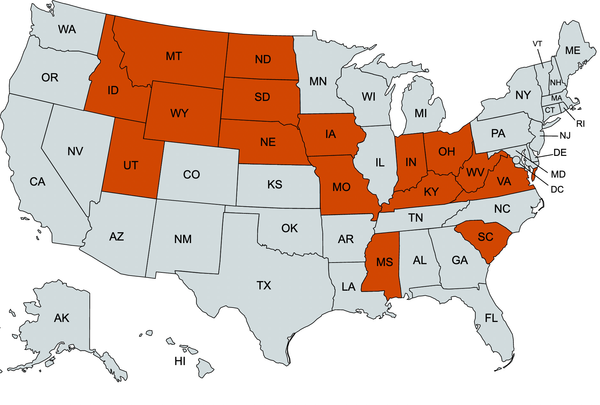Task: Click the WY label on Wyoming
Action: [179, 113]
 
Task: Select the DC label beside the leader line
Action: [557, 189]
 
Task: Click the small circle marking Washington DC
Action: [516, 160]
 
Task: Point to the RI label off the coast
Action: [580, 124]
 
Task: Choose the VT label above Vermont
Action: [537, 44]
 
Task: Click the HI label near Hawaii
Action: [180, 361]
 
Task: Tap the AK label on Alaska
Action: [62, 318]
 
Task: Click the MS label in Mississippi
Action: [384, 262]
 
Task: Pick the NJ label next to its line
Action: [565, 136]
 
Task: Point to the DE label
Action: [560, 153]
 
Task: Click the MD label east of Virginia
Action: [558, 174]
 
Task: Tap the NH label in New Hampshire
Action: [556, 83]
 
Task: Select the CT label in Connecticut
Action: [550, 111]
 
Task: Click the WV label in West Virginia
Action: [475, 173]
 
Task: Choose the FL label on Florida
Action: [491, 318]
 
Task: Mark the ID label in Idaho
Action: [113, 90]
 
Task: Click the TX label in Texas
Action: [264, 285]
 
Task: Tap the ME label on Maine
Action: [573, 50]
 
